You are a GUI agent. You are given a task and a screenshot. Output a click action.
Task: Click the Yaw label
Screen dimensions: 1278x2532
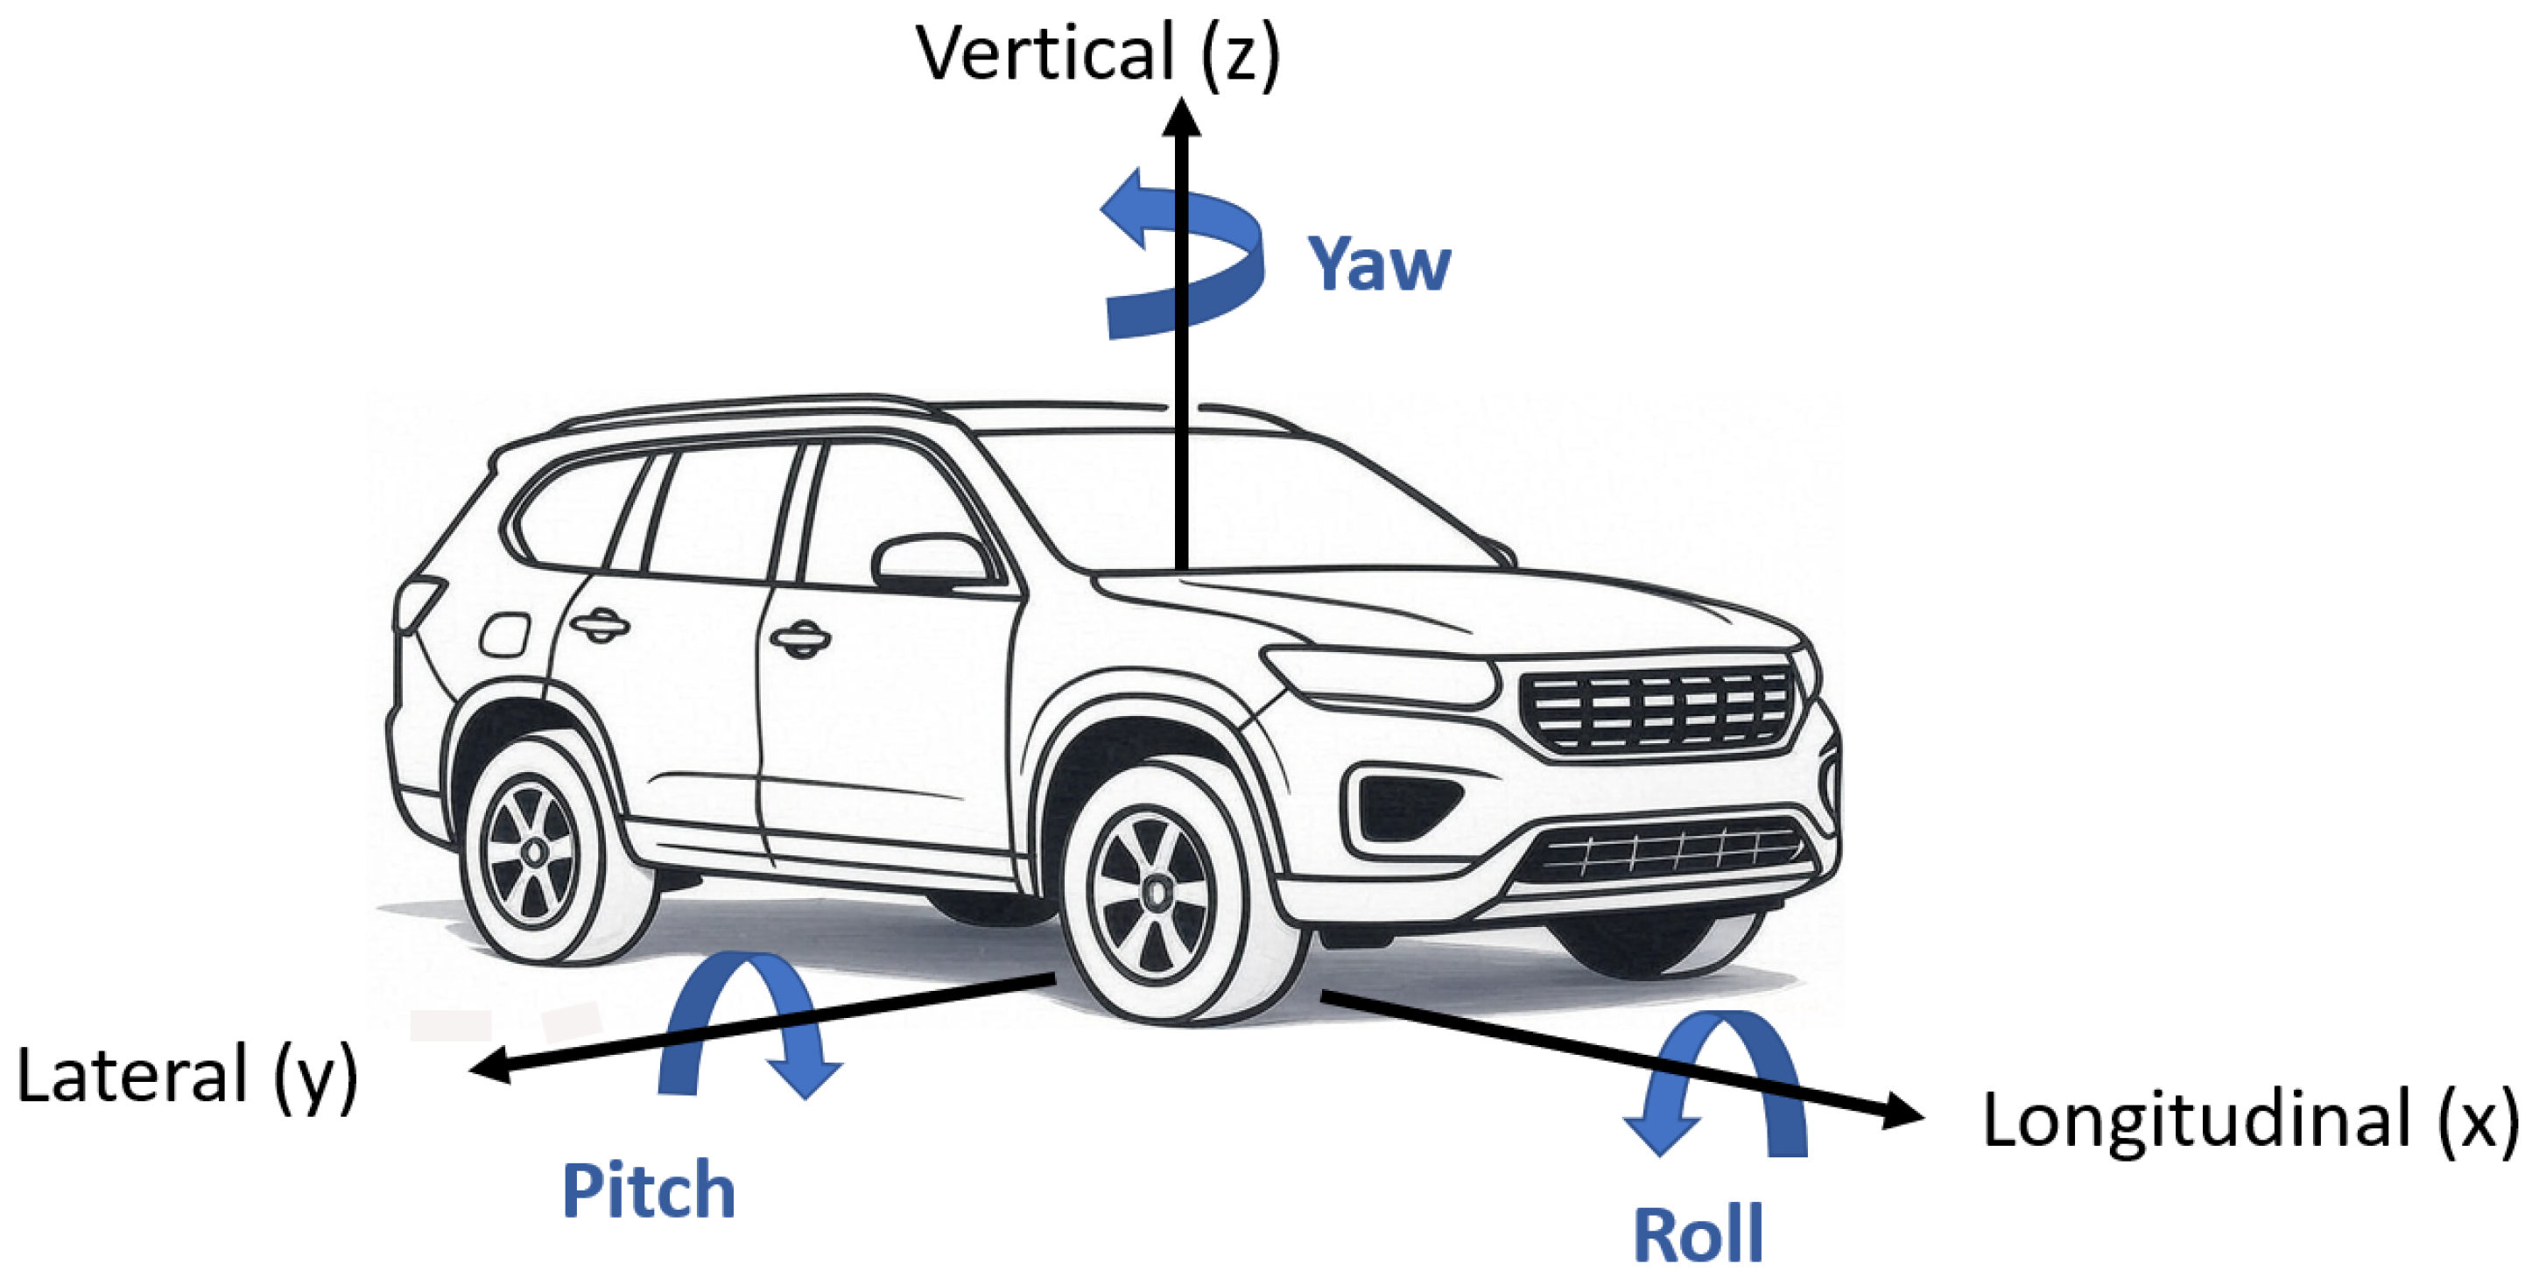pyautogui.click(x=1378, y=263)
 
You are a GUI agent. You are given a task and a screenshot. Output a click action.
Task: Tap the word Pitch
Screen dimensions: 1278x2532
pyautogui.click(x=648, y=1190)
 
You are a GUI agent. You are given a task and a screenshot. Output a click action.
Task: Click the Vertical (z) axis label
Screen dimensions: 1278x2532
pyautogui.click(x=1098, y=53)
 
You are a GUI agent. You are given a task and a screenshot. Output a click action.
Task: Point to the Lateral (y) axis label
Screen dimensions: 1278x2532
pyautogui.click(x=186, y=1077)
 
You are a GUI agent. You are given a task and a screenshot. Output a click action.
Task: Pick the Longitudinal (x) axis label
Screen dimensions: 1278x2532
pyautogui.click(x=2250, y=1120)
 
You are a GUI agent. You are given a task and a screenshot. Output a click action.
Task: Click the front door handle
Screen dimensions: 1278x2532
pyautogui.click(x=800, y=639)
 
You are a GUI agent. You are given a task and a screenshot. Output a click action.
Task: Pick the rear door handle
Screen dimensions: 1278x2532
pyautogui.click(x=599, y=624)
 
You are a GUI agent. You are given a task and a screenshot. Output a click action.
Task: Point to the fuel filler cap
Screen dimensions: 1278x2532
pyautogui.click(x=504, y=634)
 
